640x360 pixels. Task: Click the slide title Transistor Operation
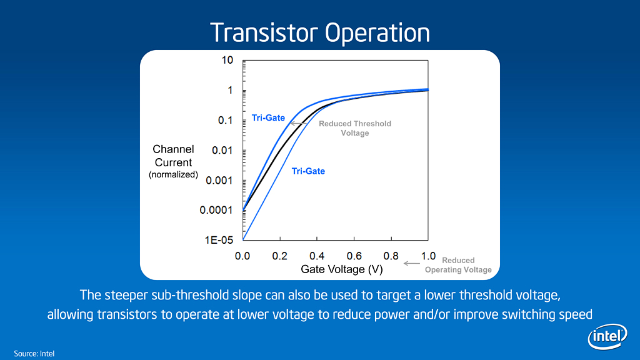coord(320,32)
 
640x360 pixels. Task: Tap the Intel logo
coord(607,336)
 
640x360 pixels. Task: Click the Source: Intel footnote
coord(34,354)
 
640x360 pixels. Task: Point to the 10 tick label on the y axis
coord(227,61)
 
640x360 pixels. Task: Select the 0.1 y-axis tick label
coord(225,121)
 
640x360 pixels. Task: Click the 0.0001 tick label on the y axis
coord(216,210)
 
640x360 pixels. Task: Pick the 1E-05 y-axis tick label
coord(219,240)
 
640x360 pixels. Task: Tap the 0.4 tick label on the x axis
coord(317,256)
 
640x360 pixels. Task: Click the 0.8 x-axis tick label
coord(391,256)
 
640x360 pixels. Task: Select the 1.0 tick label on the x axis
coord(428,256)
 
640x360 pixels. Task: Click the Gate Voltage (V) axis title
coord(342,269)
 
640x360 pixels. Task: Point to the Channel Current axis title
coord(174,156)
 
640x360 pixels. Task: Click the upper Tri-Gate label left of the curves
coord(268,118)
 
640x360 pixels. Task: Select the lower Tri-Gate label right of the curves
coord(308,171)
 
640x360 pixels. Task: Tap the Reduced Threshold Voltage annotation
coord(355,128)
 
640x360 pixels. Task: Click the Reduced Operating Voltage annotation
coord(458,265)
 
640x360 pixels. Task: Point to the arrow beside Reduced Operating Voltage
coord(411,263)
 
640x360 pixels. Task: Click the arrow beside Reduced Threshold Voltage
coord(298,123)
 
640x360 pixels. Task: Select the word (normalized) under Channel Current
coord(174,175)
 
